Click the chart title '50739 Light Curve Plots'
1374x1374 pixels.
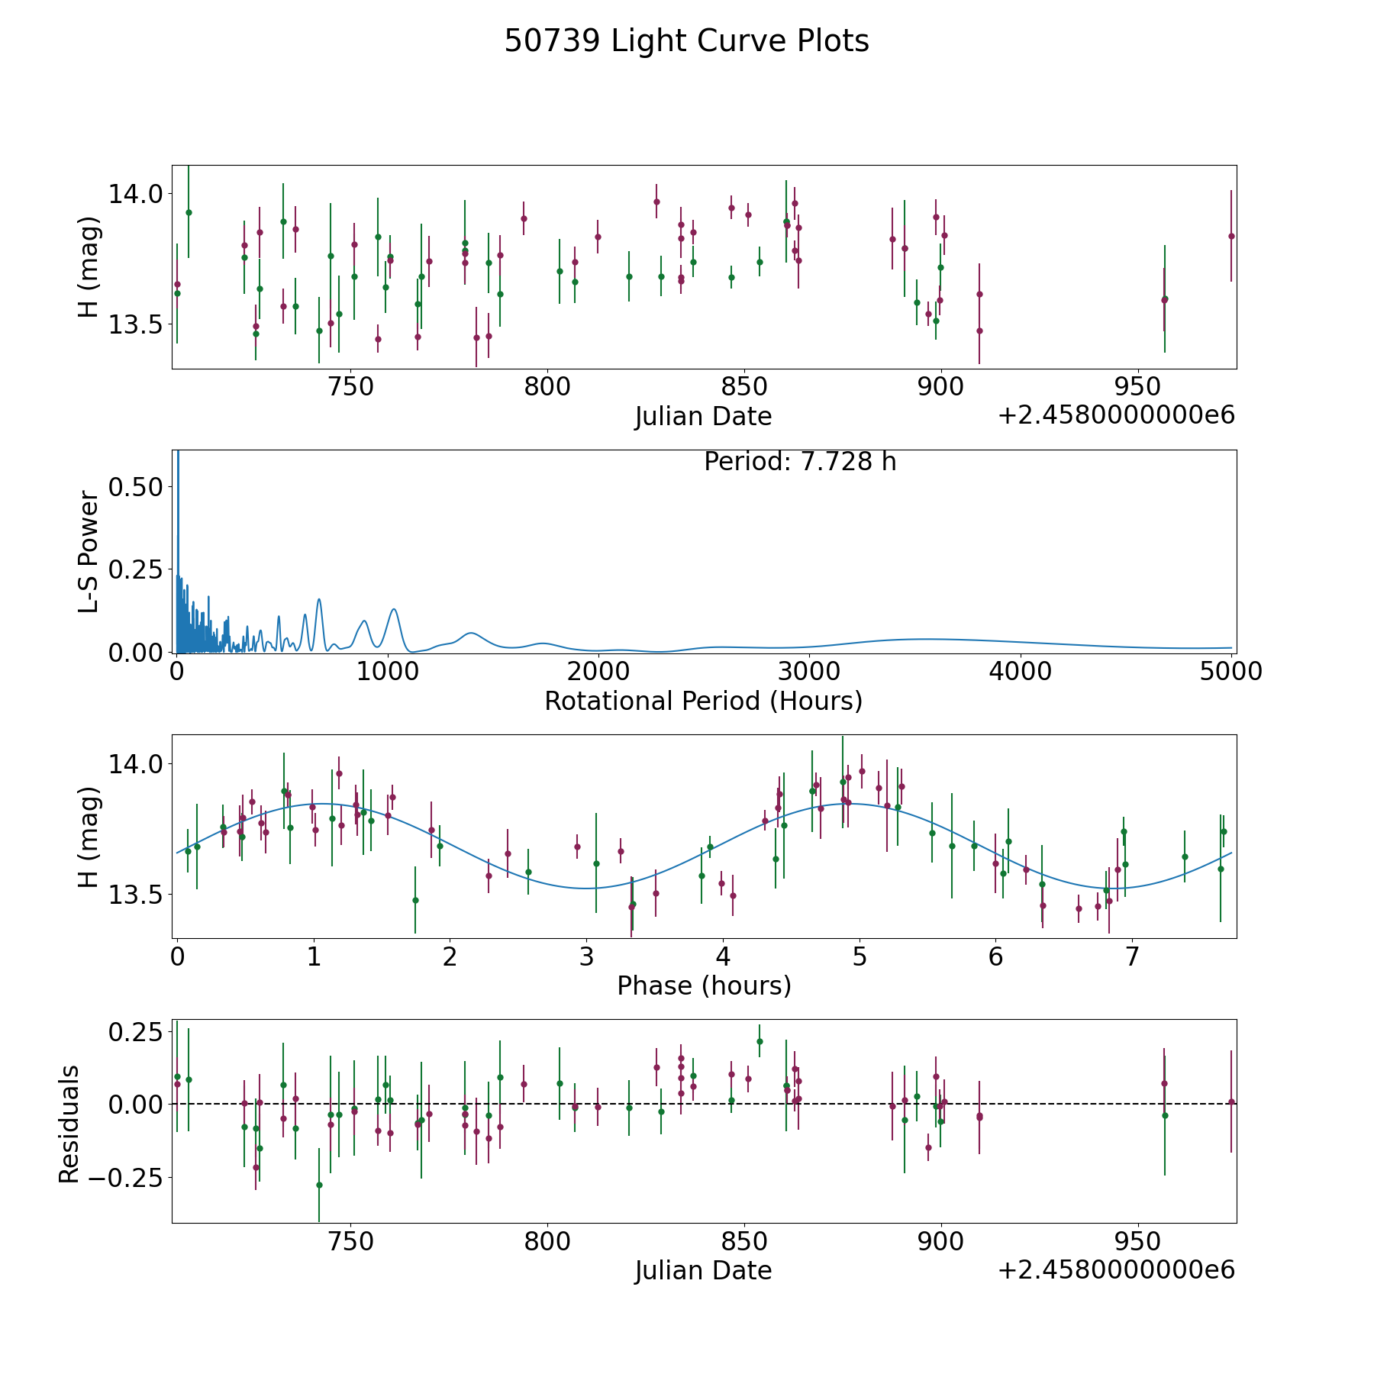tap(686, 41)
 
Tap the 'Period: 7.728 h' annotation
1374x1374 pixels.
tap(800, 462)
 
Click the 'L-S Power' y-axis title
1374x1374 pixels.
tap(89, 552)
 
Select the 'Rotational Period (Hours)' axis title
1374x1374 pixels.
tap(703, 701)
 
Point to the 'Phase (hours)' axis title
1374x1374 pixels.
tap(704, 985)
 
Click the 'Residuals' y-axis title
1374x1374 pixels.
tap(69, 1124)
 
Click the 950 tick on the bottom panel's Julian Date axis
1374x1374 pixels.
tap(1137, 1241)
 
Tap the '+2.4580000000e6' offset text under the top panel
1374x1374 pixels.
tap(1116, 415)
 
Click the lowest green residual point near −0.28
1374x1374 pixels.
tap(319, 1185)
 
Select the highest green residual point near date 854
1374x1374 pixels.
tap(760, 1041)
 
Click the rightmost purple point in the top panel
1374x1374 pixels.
tap(1231, 236)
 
